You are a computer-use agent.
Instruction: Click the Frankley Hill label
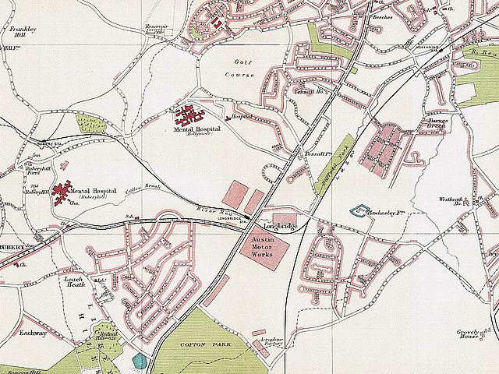pos(19,32)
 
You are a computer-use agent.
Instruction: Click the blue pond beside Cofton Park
pos(140,362)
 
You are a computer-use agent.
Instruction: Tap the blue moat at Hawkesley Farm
pos(359,210)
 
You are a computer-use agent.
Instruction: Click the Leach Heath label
pos(75,282)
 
